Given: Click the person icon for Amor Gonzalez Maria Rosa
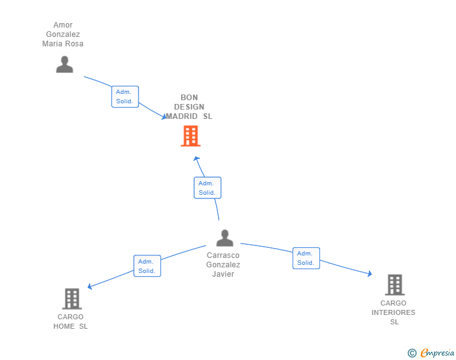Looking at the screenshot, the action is pos(65,64).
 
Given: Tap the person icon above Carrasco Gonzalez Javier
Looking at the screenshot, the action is pos(225,238).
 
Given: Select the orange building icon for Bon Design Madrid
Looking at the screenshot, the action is pos(191,136).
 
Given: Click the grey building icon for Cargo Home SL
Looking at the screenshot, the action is pos(72,299).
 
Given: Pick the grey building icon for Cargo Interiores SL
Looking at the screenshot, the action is pos(395,285).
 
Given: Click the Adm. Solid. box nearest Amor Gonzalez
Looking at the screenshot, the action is pos(125,96).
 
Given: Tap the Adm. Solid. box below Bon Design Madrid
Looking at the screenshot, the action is pos(207,188).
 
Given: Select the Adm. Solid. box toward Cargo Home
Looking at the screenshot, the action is pos(147,266).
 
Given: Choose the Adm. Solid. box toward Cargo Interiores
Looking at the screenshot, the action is pos(306,258).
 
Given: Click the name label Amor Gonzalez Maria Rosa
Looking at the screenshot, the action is pos(63,34).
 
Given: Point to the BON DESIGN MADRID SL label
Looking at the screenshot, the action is pos(189,106).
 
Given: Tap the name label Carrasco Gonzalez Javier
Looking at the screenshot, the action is pos(223,265).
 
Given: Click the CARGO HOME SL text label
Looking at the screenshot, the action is pos(70,322).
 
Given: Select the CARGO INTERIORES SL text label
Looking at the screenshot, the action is pos(393,312).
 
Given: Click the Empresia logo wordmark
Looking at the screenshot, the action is pos(437,352).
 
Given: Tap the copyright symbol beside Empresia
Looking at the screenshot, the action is pos(412,353).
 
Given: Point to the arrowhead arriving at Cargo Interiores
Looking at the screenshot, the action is pos(370,274).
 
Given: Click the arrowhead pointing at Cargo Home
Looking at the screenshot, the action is pos(90,286).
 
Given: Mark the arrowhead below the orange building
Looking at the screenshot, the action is pos(197,159).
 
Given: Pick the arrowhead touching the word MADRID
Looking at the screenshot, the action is pos(164,116).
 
